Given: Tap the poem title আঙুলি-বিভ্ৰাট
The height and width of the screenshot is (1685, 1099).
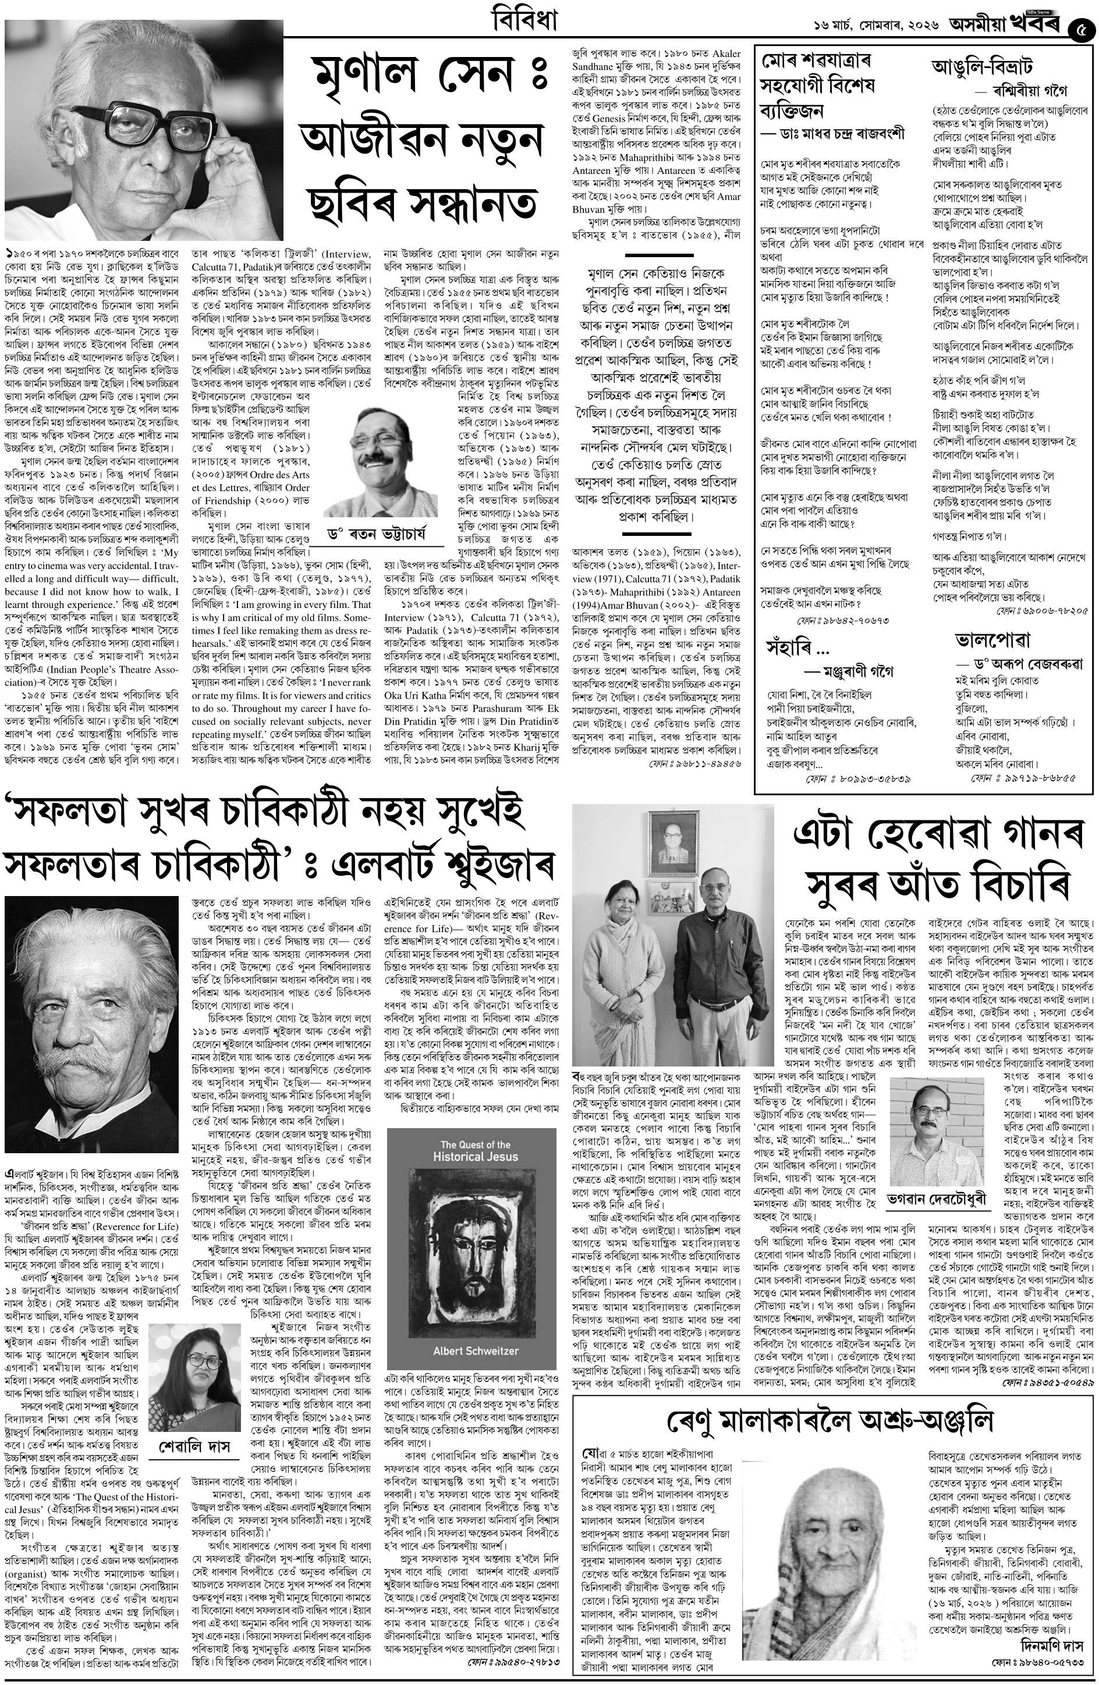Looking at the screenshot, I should pyautogui.click(x=981, y=69).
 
